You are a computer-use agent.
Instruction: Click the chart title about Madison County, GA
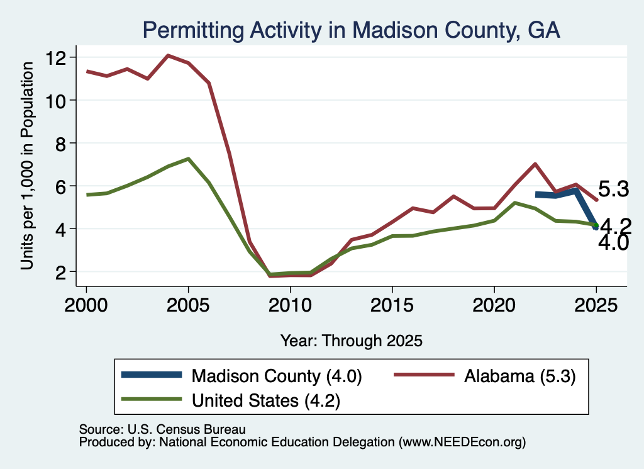pyautogui.click(x=351, y=30)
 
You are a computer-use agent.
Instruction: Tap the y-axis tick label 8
pyautogui.click(x=60, y=143)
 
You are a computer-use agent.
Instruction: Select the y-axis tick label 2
pyautogui.click(x=60, y=272)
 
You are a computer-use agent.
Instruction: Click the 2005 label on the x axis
pyautogui.click(x=188, y=305)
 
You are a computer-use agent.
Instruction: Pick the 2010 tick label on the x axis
pyautogui.click(x=290, y=305)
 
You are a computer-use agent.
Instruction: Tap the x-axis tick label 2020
pyautogui.click(x=494, y=305)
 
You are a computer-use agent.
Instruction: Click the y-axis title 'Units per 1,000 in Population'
pyautogui.click(x=27, y=166)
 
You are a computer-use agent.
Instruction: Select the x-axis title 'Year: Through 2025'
pyautogui.click(x=351, y=341)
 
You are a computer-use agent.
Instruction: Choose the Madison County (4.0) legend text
pyautogui.click(x=277, y=376)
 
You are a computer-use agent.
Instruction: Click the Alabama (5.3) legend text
pyautogui.click(x=520, y=376)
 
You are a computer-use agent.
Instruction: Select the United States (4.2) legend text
pyautogui.click(x=266, y=401)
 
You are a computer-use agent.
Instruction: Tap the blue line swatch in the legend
pyautogui.click(x=152, y=375)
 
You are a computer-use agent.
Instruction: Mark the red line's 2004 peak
pyautogui.click(x=168, y=55)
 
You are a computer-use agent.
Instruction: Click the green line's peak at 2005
pyautogui.click(x=188, y=159)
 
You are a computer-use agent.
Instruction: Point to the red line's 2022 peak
pyautogui.click(x=535, y=164)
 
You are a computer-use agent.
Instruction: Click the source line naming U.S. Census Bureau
pyautogui.click(x=162, y=429)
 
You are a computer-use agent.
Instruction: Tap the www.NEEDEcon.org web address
pyautogui.click(x=462, y=443)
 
